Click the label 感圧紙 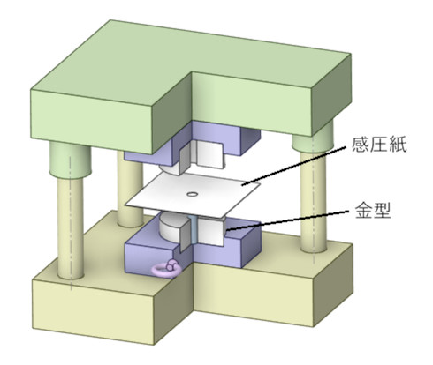379,145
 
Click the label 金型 373,210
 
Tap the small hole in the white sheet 193,194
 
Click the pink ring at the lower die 165,269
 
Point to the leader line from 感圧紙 293,166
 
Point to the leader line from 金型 285,220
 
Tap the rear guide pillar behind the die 130,188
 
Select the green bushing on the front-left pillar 70,160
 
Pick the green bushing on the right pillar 313,138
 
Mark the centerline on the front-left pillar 71,223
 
